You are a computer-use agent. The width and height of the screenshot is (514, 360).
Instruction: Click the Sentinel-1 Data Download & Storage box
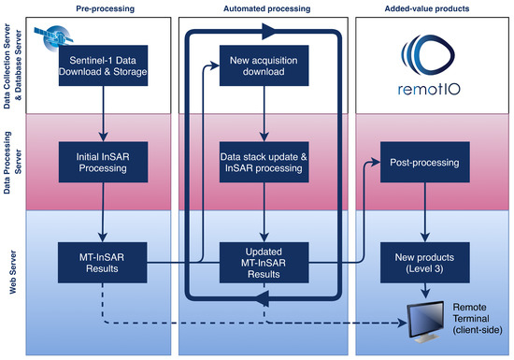[103, 65]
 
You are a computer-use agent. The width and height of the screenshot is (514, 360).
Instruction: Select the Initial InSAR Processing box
[103, 162]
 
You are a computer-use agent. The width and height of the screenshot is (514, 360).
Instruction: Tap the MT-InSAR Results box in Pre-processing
[102, 263]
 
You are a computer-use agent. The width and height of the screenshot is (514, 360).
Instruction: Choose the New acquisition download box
[264, 65]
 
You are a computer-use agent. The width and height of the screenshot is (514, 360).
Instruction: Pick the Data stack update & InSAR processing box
[264, 162]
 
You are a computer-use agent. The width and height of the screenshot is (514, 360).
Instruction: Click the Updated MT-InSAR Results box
[264, 263]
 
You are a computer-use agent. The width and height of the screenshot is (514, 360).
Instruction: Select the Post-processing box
[425, 162]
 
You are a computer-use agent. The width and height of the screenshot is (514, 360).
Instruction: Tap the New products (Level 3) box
[425, 263]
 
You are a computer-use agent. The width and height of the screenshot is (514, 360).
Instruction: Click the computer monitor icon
[425, 322]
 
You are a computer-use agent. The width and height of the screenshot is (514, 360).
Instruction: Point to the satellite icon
[54, 37]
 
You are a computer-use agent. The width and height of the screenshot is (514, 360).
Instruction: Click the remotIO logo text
[429, 89]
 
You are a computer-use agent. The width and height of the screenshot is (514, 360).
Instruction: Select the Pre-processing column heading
[106, 8]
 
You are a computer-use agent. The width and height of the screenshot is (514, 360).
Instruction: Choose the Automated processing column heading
[267, 8]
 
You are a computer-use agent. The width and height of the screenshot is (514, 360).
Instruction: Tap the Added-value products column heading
[427, 8]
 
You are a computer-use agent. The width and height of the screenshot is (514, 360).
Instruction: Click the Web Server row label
[13, 272]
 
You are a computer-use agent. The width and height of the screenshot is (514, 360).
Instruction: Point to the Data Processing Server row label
[13, 163]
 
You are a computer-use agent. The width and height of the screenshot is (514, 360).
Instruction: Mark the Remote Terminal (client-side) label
[478, 318]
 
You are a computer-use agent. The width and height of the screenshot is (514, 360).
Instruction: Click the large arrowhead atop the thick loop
[269, 32]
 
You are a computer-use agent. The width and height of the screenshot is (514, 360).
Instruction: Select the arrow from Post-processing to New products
[425, 212]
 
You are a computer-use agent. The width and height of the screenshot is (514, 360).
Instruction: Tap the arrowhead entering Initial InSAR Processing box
[103, 137]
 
